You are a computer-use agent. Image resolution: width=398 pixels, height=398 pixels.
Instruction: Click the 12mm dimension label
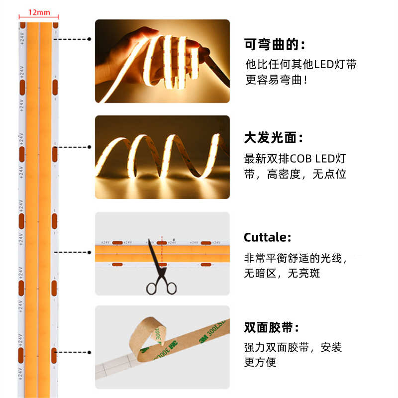tap(39, 11)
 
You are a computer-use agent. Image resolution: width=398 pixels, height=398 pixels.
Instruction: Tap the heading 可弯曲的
tap(274, 44)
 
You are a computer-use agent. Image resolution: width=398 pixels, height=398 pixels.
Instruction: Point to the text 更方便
tap(260, 362)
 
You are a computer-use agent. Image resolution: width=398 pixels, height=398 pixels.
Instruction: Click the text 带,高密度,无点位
tap(296, 174)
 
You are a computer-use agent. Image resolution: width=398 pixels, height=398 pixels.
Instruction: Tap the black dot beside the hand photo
tap(90, 38)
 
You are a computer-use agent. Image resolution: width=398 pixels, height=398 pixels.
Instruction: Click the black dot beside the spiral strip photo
tap(90, 147)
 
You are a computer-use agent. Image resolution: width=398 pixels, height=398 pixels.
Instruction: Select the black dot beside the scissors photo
tap(90, 252)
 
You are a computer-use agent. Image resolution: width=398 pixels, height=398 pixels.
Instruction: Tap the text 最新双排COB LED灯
tap(295, 159)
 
